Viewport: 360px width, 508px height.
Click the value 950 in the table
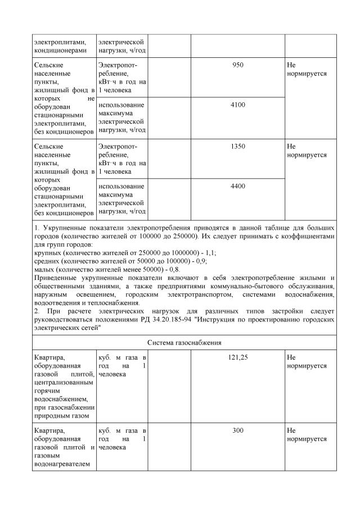tap(237, 65)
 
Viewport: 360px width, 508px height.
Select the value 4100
tap(237, 105)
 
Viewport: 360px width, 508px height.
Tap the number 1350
tap(237, 146)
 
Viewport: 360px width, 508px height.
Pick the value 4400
tap(237, 186)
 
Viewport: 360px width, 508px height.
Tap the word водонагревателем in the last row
tap(62, 464)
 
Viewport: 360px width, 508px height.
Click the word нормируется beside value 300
tap(307, 438)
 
